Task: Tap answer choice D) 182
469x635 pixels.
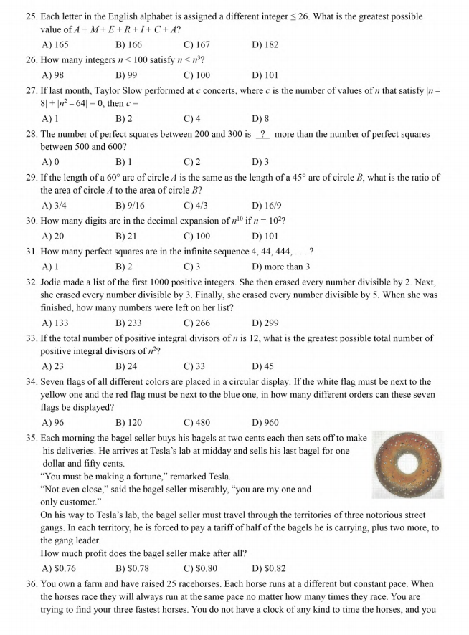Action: [x=265, y=44]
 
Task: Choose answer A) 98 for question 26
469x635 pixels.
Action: [x=53, y=75]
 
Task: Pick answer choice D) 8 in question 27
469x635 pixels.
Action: [x=260, y=119]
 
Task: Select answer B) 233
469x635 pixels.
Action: [x=128, y=323]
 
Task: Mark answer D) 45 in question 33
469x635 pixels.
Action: [x=263, y=366]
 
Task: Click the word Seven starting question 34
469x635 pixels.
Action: [x=52, y=381]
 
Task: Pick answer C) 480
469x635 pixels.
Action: [x=196, y=423]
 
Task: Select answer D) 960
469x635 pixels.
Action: [x=265, y=423]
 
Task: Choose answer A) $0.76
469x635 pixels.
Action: [x=59, y=569]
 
